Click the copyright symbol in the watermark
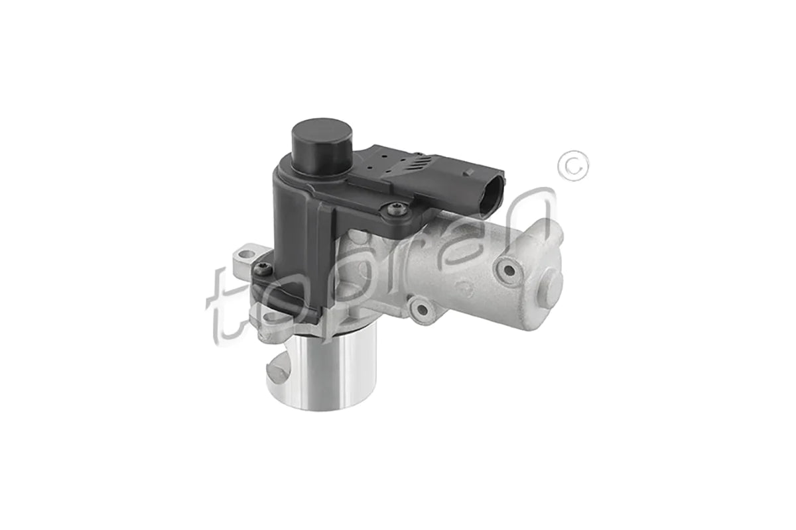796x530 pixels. (572, 165)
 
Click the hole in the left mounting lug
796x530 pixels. (246, 254)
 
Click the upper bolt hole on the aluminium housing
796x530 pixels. (509, 270)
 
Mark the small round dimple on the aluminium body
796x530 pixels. (468, 290)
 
